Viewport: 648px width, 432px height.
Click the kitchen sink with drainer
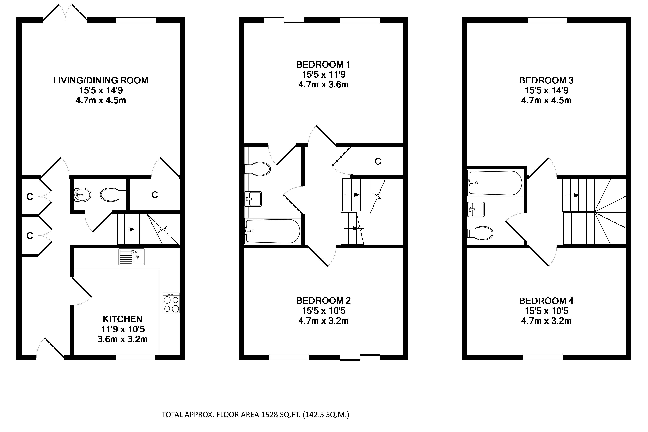(131, 257)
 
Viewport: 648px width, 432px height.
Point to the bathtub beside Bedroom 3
(495, 183)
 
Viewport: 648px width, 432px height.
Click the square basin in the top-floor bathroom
(476, 209)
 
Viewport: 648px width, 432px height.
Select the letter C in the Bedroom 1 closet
(378, 162)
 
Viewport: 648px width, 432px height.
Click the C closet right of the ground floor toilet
(155, 195)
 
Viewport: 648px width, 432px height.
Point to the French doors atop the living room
(65, 12)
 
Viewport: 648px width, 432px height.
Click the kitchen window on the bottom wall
(135, 357)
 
